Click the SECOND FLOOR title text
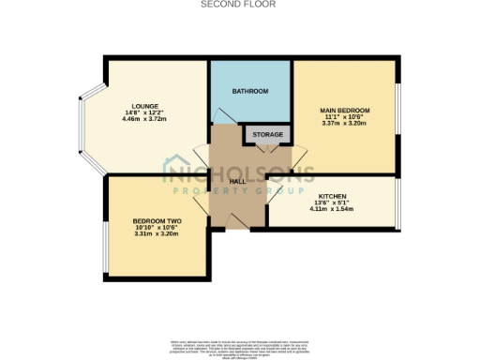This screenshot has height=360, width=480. [x=239, y=4]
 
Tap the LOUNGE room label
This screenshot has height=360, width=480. [x=145, y=106]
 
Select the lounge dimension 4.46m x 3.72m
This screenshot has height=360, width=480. [x=145, y=121]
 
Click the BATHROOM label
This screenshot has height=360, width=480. [x=250, y=91]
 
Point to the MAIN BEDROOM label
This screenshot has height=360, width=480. [x=346, y=109]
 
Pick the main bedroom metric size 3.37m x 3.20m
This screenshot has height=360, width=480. [x=346, y=123]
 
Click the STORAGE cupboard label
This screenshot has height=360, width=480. [x=264, y=135]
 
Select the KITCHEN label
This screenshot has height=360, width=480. [x=333, y=194]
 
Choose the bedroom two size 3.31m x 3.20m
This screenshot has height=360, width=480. [x=156, y=234]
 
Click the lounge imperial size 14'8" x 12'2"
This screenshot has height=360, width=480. [x=145, y=113]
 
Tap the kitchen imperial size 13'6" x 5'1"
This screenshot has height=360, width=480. [x=333, y=202]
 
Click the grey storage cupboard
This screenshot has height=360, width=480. [x=264, y=135]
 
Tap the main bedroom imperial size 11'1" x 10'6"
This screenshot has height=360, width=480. [x=346, y=116]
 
